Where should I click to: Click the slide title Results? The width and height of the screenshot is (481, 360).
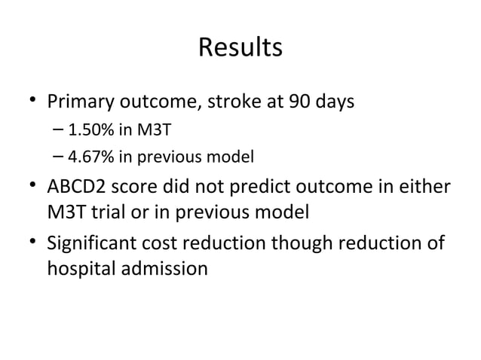pos(240,47)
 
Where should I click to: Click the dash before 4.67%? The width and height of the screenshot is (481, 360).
pos(60,157)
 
